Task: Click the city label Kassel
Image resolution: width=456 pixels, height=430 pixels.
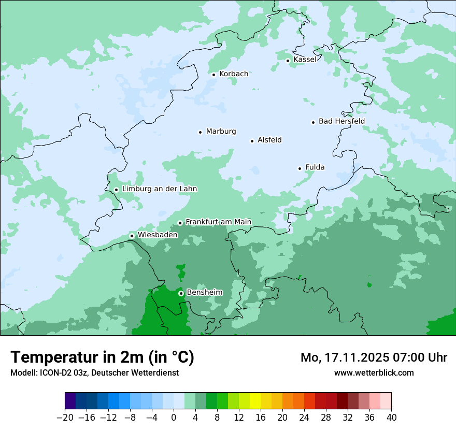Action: click(305, 60)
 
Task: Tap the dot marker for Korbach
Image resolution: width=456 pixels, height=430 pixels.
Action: click(213, 75)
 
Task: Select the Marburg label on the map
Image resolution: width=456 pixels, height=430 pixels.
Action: click(221, 132)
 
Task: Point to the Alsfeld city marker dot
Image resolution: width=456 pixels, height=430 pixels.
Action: click(252, 141)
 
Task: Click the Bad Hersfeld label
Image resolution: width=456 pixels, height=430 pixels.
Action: click(341, 121)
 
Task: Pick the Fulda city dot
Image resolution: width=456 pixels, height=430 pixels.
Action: click(300, 168)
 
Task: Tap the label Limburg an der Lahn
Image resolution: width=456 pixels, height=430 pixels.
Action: click(159, 189)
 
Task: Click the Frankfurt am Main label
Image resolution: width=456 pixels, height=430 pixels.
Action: click(218, 222)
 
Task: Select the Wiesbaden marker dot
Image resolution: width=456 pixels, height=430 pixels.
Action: click(132, 236)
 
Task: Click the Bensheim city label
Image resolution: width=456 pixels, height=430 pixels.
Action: click(204, 292)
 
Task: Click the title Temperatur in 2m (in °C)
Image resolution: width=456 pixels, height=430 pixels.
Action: click(102, 357)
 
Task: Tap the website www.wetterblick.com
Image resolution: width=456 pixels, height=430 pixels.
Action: click(374, 372)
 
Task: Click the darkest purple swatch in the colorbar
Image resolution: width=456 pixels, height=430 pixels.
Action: click(70, 401)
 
